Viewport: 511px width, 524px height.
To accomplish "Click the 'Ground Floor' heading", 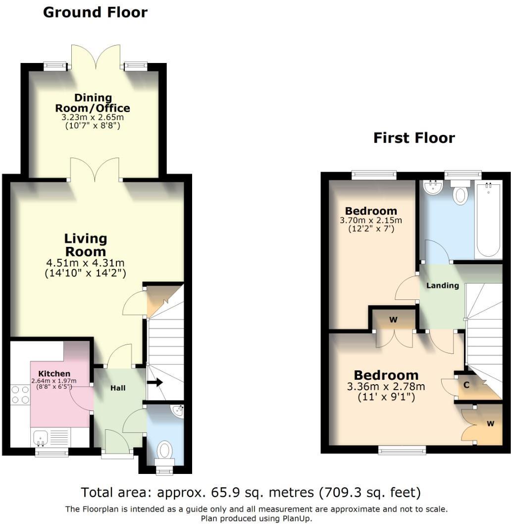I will [95, 12].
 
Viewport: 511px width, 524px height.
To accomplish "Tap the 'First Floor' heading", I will [414, 138].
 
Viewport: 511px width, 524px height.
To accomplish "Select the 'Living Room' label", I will [85, 245].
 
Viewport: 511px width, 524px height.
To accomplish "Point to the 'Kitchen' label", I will [54, 373].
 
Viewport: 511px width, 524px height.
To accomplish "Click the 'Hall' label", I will [117, 388].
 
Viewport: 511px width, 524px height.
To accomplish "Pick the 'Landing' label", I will [443, 286].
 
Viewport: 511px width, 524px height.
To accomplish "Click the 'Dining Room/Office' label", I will [93, 103].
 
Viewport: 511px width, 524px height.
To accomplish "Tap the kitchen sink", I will [40, 438].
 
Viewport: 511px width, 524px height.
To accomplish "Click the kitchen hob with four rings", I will [20, 394].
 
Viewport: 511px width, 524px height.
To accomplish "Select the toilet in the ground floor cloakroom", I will [164, 451].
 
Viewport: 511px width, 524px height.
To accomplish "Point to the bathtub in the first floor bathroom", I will [488, 221].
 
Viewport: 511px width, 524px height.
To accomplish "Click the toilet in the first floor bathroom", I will [460, 193].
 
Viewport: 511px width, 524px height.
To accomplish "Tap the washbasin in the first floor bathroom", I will [433, 188].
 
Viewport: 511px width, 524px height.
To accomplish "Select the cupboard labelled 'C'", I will [467, 385].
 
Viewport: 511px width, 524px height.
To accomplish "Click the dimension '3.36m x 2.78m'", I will [386, 387].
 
